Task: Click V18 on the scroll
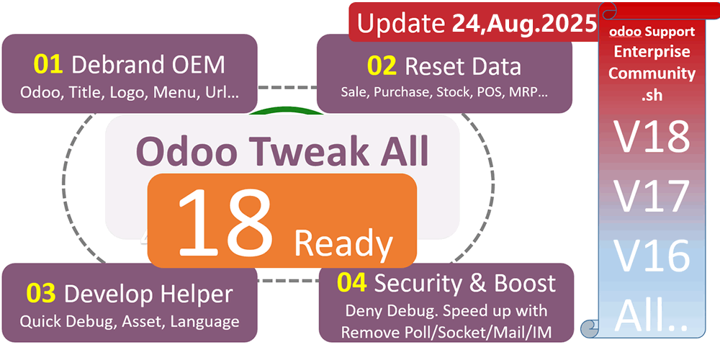(x=652, y=138)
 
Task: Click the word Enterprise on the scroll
(x=652, y=52)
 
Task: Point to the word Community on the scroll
(x=652, y=73)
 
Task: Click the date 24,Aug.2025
(x=524, y=24)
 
